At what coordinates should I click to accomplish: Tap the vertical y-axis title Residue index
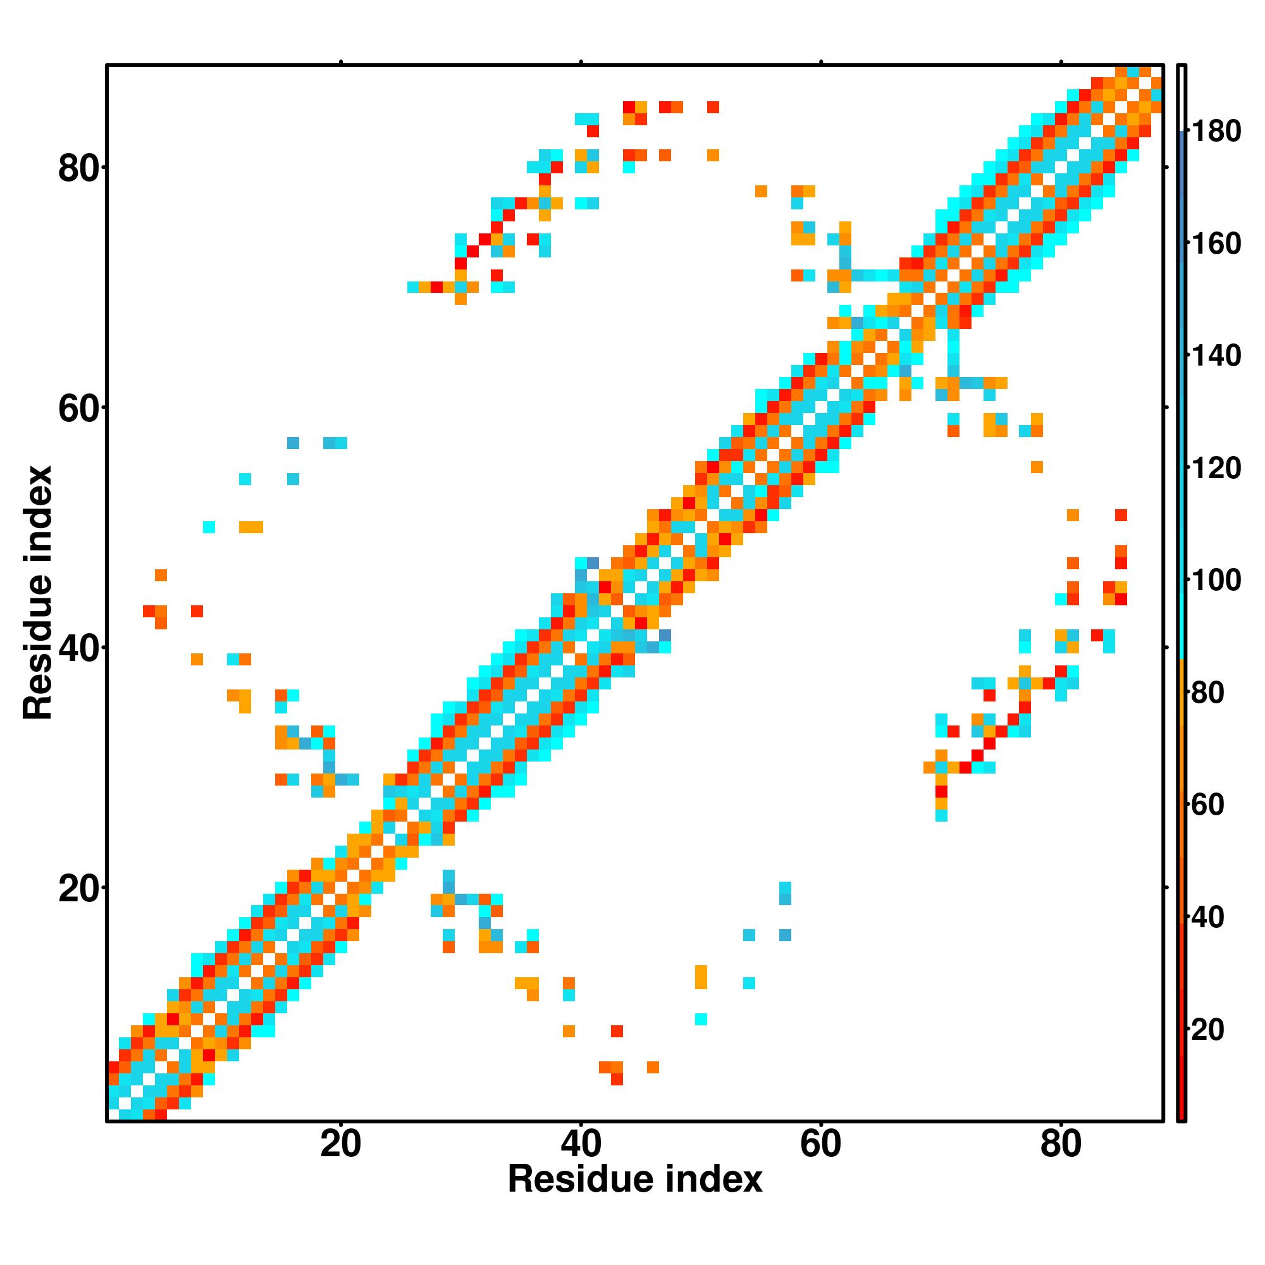coord(38,593)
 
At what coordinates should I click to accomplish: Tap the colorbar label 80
coord(1207,693)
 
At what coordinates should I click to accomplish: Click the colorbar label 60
coord(1207,805)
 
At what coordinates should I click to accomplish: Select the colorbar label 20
coord(1207,1030)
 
